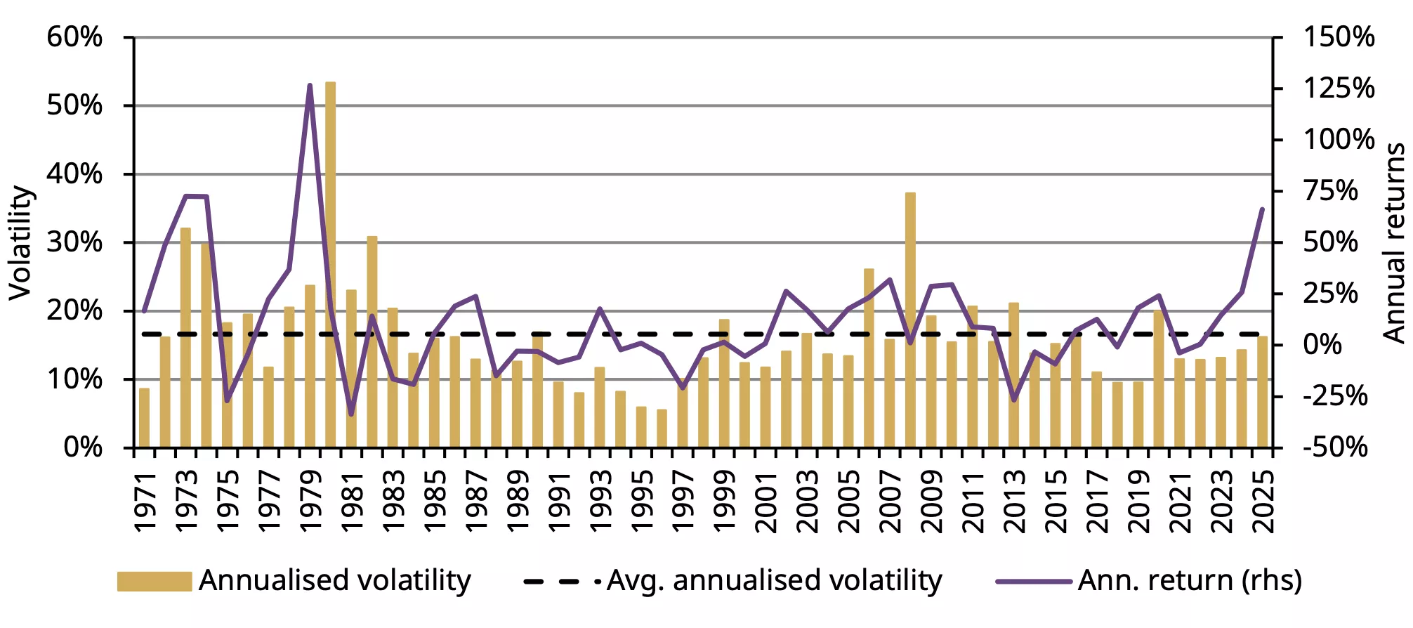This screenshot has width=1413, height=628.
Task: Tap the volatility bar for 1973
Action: pos(185,337)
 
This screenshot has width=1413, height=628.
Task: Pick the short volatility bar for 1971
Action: pos(144,418)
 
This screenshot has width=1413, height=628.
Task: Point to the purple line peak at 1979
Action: pos(310,86)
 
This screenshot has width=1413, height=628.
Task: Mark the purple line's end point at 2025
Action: pos(1262,209)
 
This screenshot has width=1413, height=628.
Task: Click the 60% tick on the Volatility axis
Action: pos(74,37)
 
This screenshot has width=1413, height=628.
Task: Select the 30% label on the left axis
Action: pos(74,243)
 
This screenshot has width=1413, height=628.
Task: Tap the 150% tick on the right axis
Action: pos(1339,37)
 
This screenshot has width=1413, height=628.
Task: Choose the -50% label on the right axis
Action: pos(1334,447)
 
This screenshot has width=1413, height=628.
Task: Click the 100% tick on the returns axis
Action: pos(1339,140)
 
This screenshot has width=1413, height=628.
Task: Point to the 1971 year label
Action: pos(145,502)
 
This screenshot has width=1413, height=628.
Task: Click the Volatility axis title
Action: pos(21,243)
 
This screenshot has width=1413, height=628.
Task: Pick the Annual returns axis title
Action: pos(1393,243)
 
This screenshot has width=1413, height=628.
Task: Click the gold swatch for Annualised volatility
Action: pos(155,582)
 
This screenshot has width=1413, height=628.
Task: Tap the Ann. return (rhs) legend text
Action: pos(1190,582)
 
